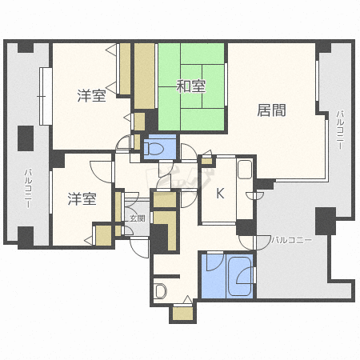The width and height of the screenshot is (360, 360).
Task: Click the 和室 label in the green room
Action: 191,86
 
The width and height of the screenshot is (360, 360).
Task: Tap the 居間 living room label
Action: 271,110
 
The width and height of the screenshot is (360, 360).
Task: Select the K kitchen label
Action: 220,194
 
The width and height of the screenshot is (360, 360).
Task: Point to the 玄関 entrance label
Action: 138,218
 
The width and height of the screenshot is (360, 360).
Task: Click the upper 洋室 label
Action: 92,96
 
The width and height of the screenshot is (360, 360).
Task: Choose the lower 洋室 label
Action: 82,199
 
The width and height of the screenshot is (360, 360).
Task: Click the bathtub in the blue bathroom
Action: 240,276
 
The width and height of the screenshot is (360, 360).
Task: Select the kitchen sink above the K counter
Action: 245,169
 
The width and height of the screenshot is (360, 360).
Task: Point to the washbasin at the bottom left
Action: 161,291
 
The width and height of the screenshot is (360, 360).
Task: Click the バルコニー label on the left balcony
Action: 28,188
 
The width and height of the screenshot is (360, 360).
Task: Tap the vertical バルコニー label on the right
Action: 340,130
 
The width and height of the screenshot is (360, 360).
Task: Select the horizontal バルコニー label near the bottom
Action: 291,240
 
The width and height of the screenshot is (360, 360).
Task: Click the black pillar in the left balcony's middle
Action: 26,138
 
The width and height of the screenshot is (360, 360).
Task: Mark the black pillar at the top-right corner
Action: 323,46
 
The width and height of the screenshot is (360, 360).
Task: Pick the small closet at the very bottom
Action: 183,314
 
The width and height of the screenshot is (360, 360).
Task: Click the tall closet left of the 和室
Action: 144,76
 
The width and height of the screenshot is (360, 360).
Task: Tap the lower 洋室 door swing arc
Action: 101,172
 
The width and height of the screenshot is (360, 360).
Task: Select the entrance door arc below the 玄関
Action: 139,247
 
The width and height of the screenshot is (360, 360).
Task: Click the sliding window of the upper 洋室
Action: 46,96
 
